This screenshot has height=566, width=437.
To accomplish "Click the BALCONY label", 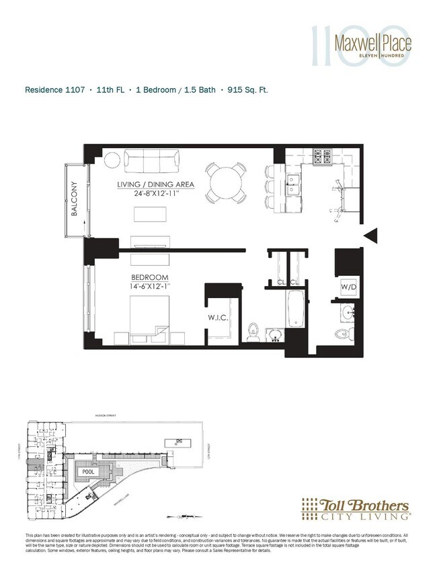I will pyautogui.click(x=75, y=199).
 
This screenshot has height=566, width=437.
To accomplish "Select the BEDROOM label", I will pyautogui.click(x=150, y=277).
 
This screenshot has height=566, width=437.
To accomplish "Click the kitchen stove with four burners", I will pyautogui.click(x=324, y=157).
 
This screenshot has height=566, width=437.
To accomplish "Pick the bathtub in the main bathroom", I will pyautogui.click(x=296, y=312).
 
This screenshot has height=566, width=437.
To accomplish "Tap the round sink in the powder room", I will pyautogui.click(x=348, y=313).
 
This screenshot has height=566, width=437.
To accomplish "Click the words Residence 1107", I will pyautogui.click(x=54, y=89).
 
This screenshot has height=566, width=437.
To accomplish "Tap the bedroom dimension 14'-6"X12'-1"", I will pyautogui.click(x=149, y=287).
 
